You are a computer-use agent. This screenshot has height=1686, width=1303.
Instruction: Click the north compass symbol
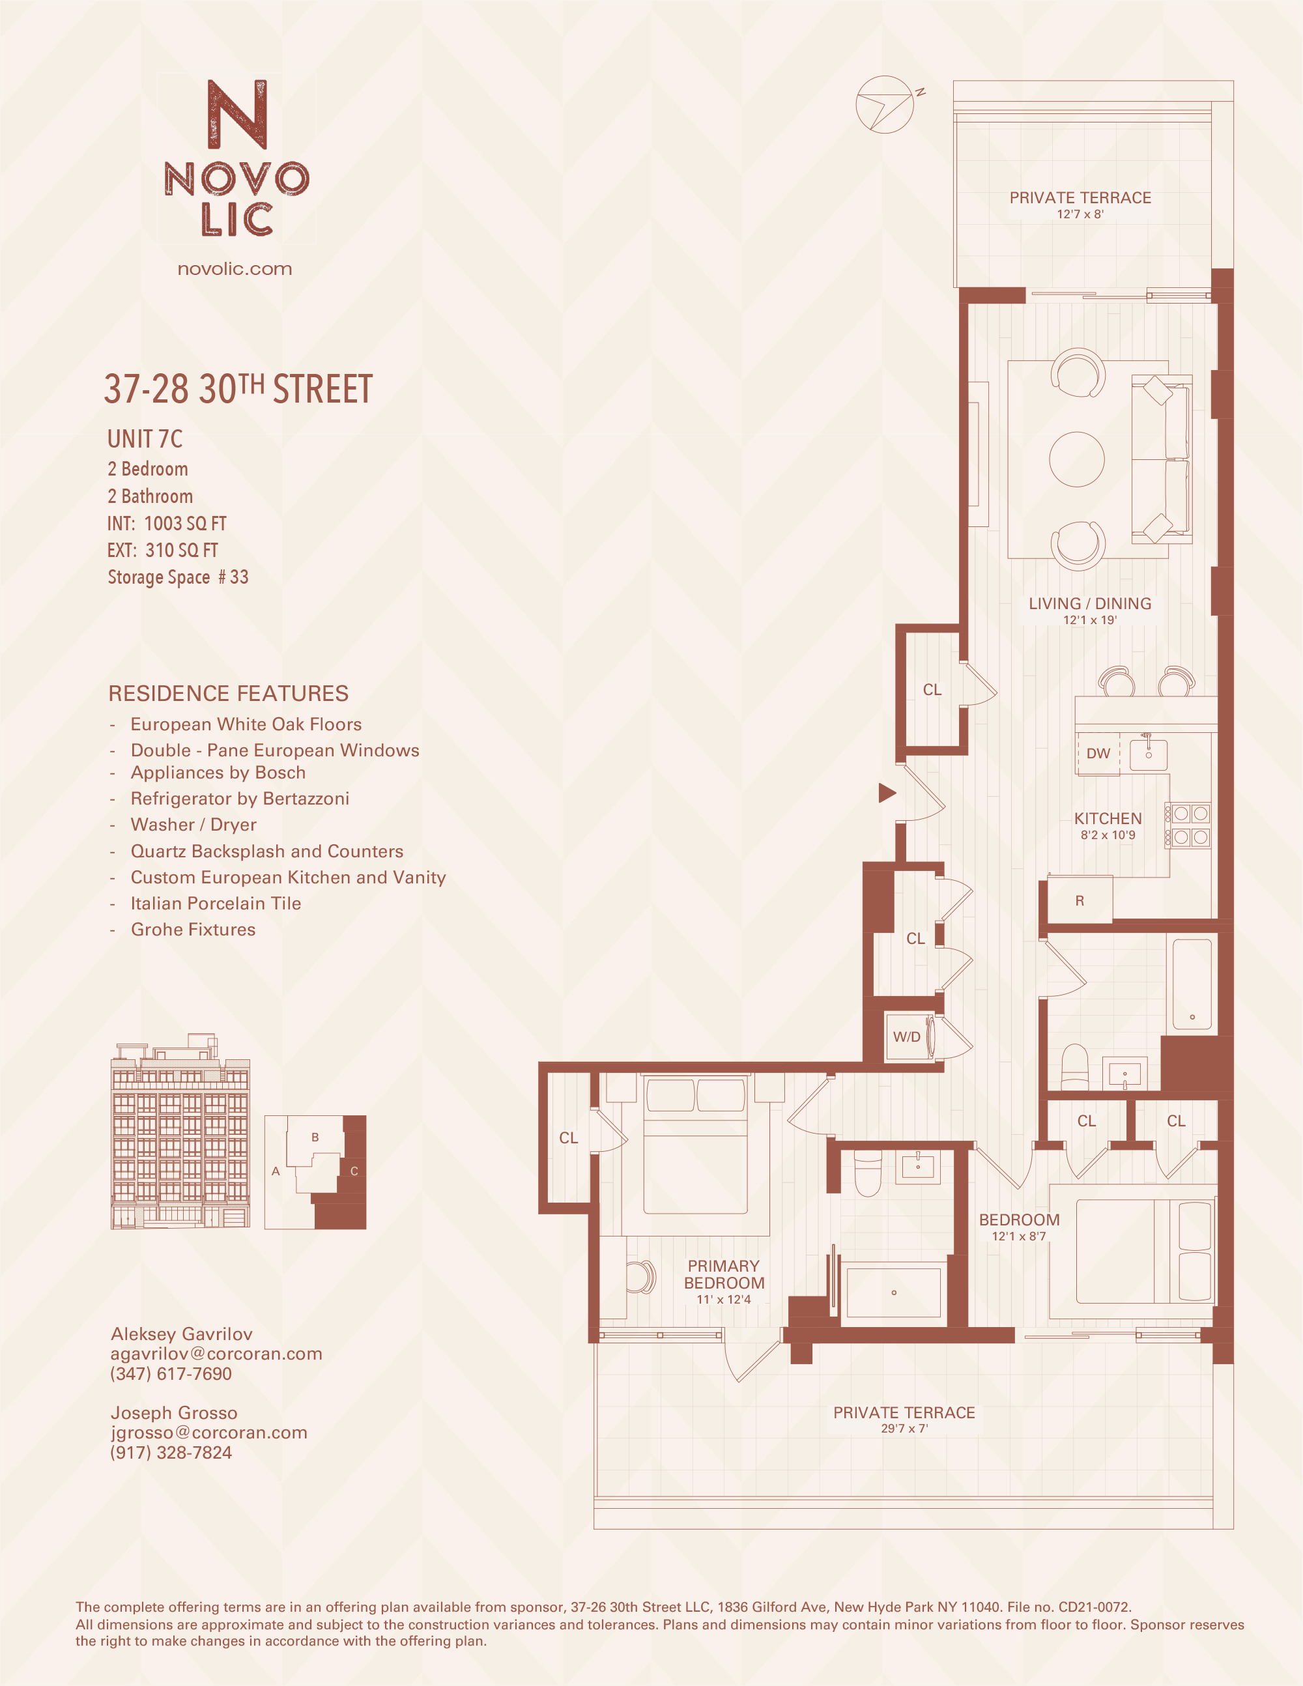click(885, 104)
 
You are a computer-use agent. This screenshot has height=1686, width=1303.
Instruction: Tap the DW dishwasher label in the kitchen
click(1098, 754)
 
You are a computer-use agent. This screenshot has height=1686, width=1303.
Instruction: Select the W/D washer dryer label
click(906, 1036)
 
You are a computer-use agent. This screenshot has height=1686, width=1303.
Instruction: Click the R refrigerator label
click(1079, 901)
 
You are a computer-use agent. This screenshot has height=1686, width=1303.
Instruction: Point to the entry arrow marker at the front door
click(887, 793)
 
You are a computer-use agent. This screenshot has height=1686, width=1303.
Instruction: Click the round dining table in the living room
click(1076, 459)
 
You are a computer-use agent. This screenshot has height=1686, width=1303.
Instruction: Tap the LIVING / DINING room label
click(1089, 604)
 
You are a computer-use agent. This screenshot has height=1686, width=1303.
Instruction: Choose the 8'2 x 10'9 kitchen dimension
click(1108, 835)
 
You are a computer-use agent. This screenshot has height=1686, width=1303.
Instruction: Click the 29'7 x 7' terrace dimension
click(904, 1429)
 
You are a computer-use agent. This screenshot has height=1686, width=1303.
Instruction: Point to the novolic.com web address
click(235, 268)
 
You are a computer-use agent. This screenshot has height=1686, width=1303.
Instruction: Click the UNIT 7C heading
click(145, 439)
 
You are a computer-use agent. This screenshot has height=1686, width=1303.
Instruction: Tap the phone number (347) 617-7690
click(171, 1373)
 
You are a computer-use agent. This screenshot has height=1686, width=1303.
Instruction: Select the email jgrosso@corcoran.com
click(208, 1432)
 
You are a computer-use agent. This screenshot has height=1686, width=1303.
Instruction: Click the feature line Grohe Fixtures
click(193, 930)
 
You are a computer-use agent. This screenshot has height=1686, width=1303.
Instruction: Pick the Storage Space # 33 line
click(178, 577)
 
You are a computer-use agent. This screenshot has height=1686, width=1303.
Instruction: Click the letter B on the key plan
click(315, 1137)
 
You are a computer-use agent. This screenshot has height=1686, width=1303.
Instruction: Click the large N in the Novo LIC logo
click(237, 114)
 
